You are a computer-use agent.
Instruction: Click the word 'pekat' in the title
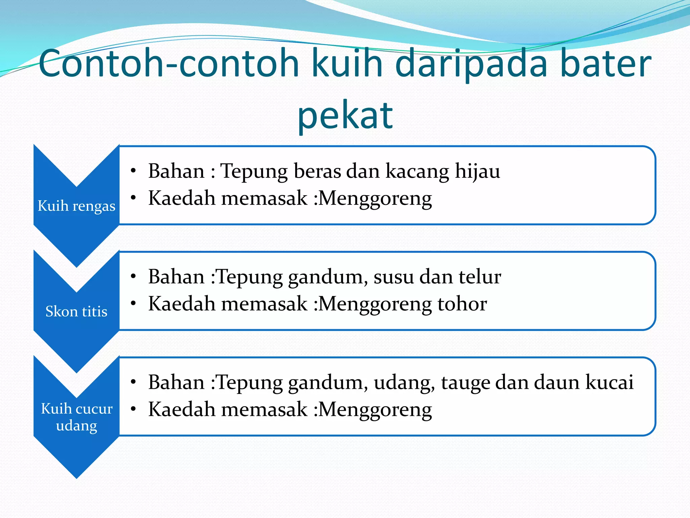pos(345,116)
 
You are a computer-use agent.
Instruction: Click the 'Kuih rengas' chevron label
pos(76,206)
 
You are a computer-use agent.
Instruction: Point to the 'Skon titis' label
pos(76,311)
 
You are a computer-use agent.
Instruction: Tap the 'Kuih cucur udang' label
pos(76,417)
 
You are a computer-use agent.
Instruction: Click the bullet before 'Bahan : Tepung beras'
pos(133,171)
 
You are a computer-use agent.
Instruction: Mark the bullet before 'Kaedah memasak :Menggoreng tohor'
pos(133,304)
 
